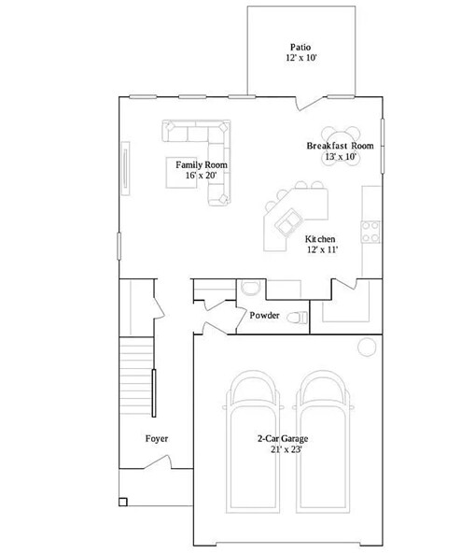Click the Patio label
click(300, 46)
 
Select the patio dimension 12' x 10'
click(300, 58)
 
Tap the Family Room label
click(202, 164)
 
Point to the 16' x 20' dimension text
click(202, 176)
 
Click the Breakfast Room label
click(340, 146)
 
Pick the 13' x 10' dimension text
click(340, 157)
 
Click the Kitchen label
click(321, 238)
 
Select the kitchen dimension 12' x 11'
click(321, 249)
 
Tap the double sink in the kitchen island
click(286, 220)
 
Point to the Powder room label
click(264, 315)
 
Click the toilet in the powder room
click(296, 318)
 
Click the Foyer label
click(157, 438)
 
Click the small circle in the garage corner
click(365, 347)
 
